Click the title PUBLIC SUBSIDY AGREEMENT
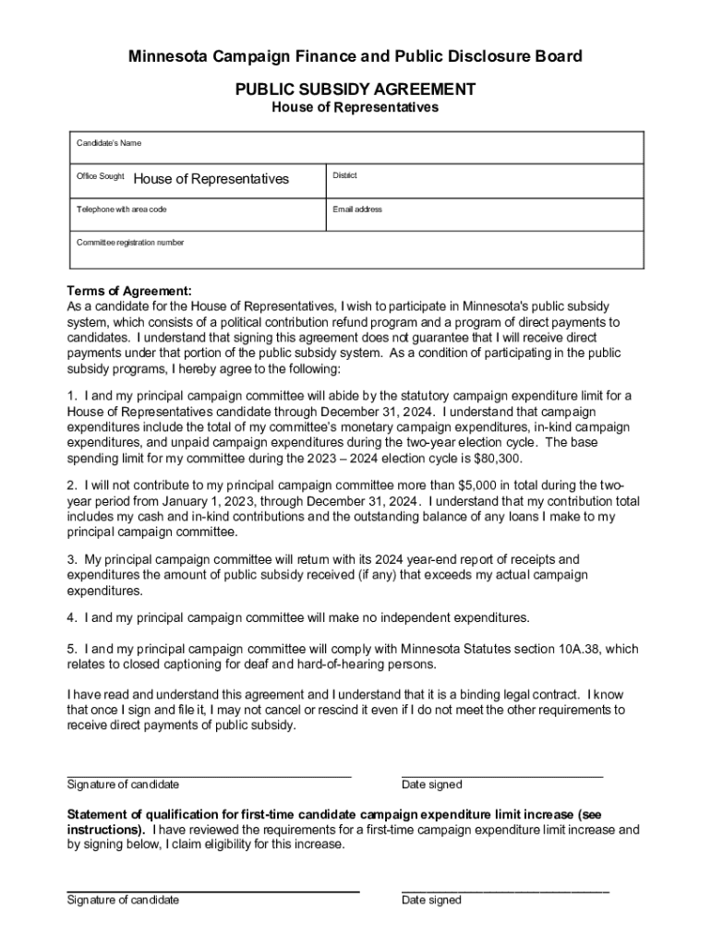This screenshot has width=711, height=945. coord(355,90)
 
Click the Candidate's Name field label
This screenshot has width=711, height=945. coord(108,143)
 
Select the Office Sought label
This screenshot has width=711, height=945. coord(100,175)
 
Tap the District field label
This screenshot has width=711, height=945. coord(344,175)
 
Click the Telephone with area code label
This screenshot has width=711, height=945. coord(121,209)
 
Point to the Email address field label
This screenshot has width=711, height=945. coord(357,209)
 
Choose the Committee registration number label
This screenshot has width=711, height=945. coord(130,243)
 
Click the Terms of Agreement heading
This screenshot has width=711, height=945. coord(129,291)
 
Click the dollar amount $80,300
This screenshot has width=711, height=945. coord(525,459)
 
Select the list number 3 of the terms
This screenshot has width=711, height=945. coord(71,559)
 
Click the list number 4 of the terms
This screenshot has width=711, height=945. coord(71,617)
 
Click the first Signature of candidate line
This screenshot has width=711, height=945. coord(209,773)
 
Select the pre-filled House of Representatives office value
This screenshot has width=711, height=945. coord(211,179)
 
